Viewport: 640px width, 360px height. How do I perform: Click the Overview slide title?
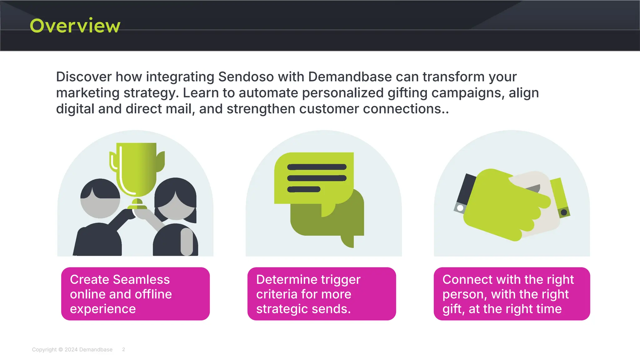[75, 26]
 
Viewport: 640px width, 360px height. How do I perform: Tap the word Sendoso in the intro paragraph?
[246, 77]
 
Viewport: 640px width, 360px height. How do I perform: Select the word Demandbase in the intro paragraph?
[350, 77]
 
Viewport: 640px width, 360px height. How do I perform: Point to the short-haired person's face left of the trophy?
[100, 208]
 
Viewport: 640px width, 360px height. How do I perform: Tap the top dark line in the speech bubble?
[317, 167]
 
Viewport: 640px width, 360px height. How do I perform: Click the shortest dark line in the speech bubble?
[304, 189]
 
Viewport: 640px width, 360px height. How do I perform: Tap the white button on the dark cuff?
[460, 208]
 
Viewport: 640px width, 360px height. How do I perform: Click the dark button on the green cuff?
[564, 212]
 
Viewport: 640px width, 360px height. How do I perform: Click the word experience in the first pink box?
[103, 309]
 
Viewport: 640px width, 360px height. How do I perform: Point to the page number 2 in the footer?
[123, 349]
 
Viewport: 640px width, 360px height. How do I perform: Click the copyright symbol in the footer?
[61, 350]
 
